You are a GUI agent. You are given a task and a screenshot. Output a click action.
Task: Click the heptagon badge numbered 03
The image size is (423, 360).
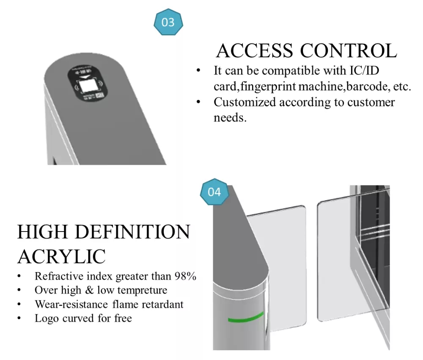[x=168, y=22]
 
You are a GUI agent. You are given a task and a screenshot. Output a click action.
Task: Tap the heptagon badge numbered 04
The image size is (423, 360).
[x=214, y=192]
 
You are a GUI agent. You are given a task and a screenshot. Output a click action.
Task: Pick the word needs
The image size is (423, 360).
[x=230, y=117]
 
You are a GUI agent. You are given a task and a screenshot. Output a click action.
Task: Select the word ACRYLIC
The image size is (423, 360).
[x=61, y=256]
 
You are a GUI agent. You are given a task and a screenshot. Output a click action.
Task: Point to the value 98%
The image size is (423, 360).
[x=185, y=276]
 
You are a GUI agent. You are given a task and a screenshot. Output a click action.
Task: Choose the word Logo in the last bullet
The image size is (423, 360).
[x=47, y=318]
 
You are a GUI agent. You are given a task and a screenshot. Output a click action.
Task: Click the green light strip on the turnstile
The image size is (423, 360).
[x=246, y=317]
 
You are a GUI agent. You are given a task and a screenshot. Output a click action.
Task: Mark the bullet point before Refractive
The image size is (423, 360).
[x=19, y=277]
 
